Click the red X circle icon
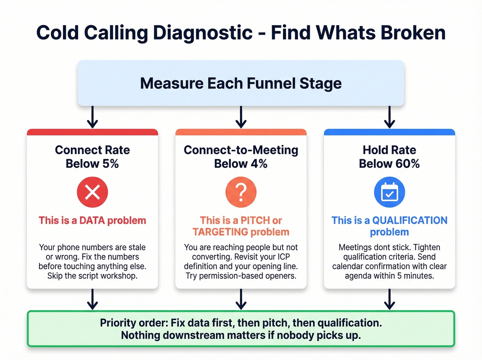point(92,192)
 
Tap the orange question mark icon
point(241,192)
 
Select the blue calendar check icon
point(389,192)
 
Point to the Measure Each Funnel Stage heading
point(241,83)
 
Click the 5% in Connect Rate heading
point(111,164)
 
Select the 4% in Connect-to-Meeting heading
point(259,164)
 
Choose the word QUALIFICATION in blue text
point(410,220)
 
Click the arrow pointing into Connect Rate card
point(92,117)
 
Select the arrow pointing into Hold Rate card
point(389,117)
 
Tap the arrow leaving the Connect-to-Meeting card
point(241,299)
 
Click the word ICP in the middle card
point(284,257)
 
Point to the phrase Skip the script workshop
point(92,276)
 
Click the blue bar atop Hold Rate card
point(389,132)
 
